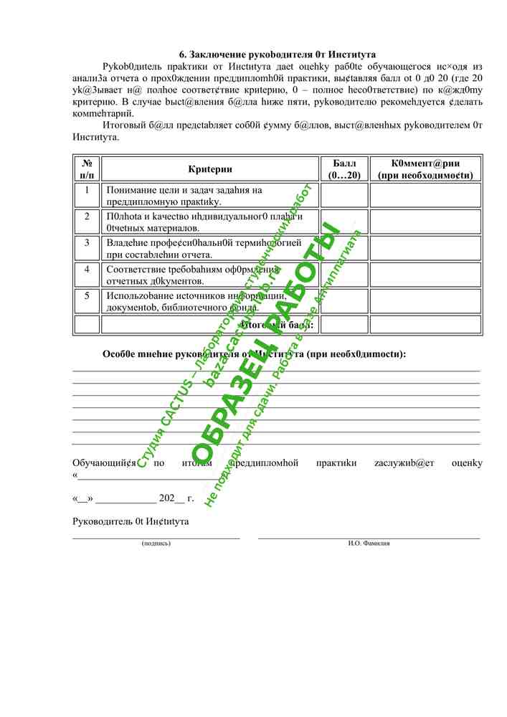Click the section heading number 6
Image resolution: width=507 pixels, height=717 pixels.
182,54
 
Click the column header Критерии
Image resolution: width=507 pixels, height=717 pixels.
210,169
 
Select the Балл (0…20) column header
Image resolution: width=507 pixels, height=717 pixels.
344,169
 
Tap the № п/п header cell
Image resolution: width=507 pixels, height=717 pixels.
87,169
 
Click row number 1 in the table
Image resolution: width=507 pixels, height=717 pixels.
87,190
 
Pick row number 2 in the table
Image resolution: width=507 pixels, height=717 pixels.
87,216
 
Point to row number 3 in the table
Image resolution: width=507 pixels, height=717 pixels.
87,242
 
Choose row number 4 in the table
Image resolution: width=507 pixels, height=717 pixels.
87,270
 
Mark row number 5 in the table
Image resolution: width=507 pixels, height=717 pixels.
87,295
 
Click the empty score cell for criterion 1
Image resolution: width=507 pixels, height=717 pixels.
344,195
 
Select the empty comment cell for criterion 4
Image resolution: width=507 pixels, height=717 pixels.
425,275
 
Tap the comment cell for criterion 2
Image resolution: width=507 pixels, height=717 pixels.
425,222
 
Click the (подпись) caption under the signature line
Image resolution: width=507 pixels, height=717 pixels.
156,543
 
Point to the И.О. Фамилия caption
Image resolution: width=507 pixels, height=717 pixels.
369,543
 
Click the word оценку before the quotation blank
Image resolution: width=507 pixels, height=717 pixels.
467,463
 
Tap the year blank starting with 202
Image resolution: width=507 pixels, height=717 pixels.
172,497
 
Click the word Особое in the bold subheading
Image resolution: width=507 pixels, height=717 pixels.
119,353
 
